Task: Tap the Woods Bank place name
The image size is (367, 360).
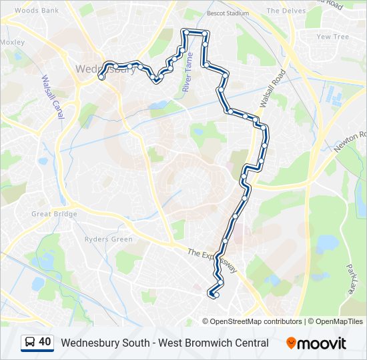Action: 36,11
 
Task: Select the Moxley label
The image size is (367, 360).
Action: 12,42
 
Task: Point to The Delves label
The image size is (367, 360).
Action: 286,11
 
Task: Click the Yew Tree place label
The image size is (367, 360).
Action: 332,37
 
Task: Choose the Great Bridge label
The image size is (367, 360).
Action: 54,214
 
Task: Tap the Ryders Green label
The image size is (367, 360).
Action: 108,239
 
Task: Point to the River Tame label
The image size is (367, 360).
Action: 188,72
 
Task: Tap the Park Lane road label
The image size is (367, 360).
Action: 351,275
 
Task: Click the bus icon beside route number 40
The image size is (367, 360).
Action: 30,343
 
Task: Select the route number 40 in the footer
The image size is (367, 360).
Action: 45,343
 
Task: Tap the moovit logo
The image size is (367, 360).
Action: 316,343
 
